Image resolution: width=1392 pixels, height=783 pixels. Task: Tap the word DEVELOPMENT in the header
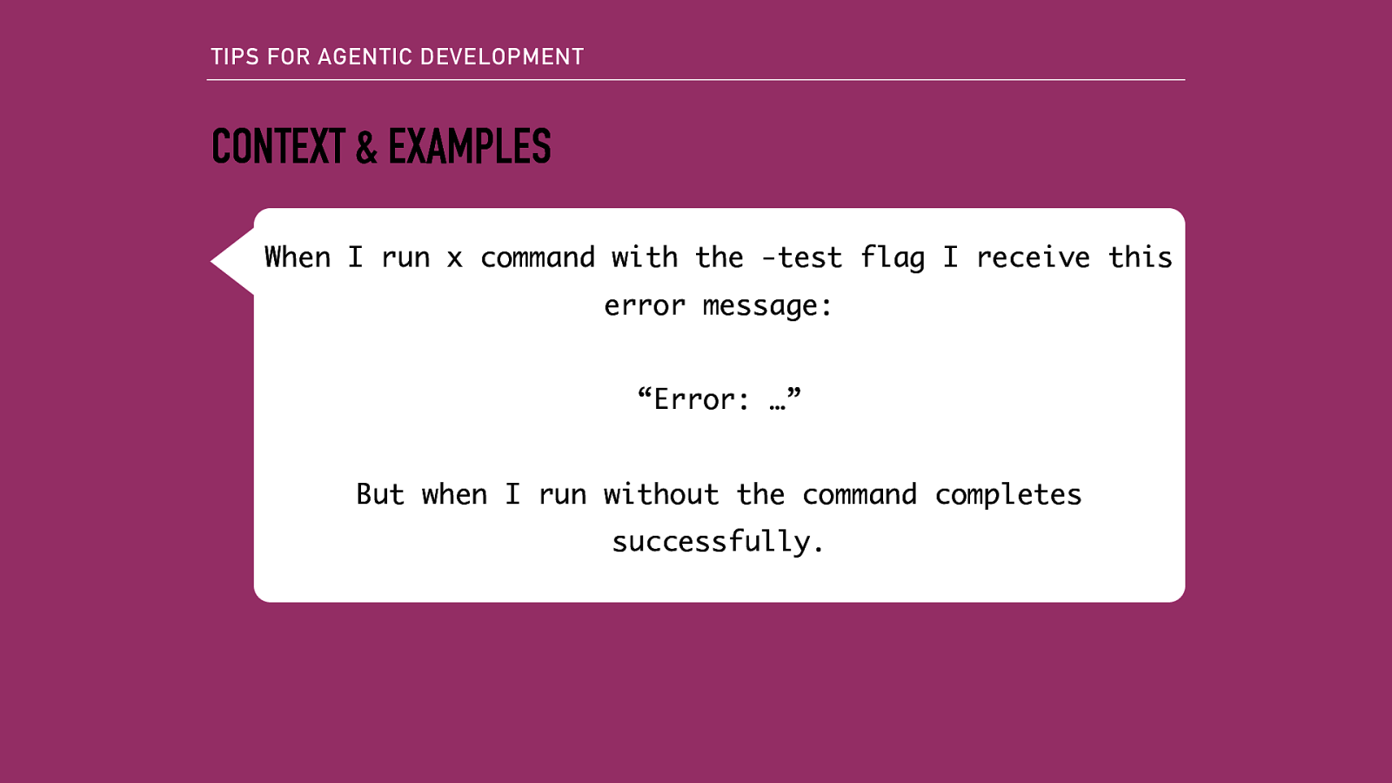coord(502,57)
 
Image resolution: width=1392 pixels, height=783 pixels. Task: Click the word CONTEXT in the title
coord(278,146)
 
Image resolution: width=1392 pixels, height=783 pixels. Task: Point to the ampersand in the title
coord(366,147)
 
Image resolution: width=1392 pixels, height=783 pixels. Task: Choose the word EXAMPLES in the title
coord(469,146)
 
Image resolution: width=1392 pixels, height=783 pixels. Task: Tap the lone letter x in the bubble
coord(454,258)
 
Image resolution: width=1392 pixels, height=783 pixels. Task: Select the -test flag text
coord(801,258)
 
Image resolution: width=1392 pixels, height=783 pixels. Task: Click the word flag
coord(892,258)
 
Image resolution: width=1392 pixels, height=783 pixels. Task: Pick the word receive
coord(1033,258)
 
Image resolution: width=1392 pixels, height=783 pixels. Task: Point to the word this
coord(1140,258)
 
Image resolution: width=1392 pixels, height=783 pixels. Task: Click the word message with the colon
coord(766,306)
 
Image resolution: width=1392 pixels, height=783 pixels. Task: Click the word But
coord(380,494)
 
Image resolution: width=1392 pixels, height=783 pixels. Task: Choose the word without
coord(661,494)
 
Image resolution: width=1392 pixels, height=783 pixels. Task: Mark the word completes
coord(1008,495)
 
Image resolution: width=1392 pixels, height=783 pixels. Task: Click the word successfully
coord(718,542)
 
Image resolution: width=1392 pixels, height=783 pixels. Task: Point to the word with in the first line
coord(644,258)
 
